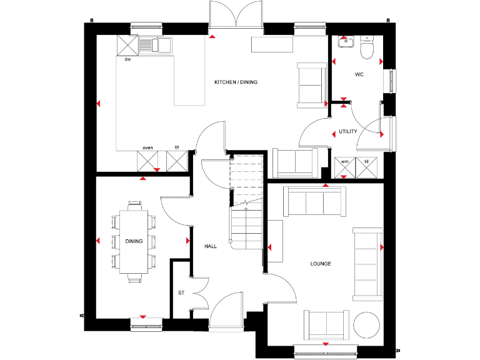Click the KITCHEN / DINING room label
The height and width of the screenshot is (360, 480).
pos(236,82)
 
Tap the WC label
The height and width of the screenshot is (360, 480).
pos(359,74)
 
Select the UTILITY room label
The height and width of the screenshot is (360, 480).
pos(347,131)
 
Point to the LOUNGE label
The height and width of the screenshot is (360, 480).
pos(321,264)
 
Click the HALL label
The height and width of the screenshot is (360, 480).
pos(211,246)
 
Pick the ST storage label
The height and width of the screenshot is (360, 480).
pos(181,292)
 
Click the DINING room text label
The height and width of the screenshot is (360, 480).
pos(134,241)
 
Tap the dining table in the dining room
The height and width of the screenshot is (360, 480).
pos(134,241)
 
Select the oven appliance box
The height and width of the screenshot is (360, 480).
pos(148,161)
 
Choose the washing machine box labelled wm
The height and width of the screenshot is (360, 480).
pos(344,167)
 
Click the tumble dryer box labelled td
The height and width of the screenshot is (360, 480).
pos(366,167)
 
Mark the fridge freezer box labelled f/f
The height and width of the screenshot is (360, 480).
pos(177,161)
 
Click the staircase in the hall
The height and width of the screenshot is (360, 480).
pos(247,200)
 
